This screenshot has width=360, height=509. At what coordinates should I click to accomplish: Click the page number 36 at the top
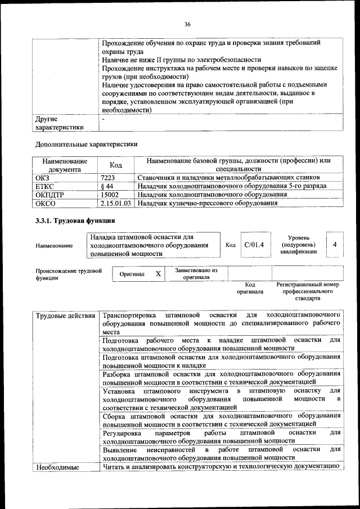187,24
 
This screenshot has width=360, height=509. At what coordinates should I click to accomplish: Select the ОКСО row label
46,203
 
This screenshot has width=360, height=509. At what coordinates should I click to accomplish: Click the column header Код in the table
116,165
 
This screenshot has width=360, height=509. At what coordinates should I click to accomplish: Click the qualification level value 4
334,245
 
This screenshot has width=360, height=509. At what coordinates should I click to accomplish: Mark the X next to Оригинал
159,273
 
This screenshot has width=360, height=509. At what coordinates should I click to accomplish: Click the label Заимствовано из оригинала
196,273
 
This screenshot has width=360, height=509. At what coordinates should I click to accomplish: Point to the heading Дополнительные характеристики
86,144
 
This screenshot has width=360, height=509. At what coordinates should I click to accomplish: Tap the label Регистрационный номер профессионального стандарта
307,291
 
